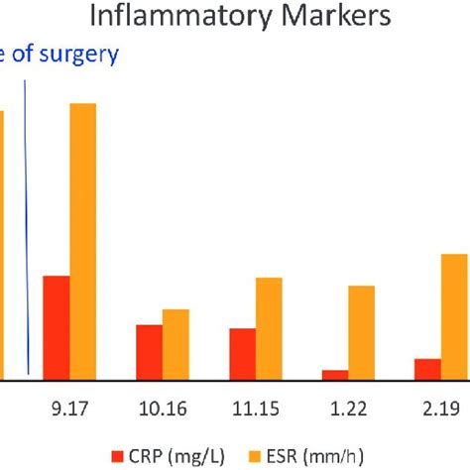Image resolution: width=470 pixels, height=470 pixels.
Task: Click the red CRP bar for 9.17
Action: [57, 327]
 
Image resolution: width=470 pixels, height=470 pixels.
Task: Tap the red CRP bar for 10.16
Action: [149, 352]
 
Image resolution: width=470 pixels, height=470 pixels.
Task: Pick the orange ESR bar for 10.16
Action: [176, 344]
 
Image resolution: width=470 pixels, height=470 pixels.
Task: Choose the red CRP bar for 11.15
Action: [243, 354]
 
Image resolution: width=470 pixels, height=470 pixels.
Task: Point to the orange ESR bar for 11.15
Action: [269, 328]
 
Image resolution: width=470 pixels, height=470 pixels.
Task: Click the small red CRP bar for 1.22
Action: [335, 374]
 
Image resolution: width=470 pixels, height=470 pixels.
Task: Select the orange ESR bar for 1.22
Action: [362, 332]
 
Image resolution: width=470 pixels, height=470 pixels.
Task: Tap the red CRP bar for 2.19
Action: [427, 368]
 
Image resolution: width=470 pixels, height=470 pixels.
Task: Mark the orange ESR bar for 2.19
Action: [454, 316]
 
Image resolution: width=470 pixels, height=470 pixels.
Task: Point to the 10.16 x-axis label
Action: [162, 407]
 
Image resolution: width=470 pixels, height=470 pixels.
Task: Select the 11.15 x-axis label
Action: [255, 407]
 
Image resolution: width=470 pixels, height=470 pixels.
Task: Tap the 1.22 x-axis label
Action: [348, 407]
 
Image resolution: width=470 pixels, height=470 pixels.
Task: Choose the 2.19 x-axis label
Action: [440, 407]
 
